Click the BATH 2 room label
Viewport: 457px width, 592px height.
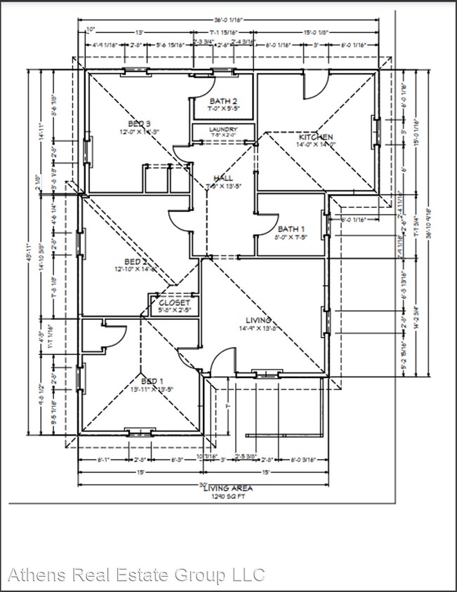tap(223, 102)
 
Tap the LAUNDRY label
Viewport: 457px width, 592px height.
tap(223, 130)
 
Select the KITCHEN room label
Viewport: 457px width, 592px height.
tap(316, 137)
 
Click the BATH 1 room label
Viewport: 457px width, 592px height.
tap(291, 229)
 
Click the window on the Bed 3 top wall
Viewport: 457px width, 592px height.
tap(133, 70)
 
